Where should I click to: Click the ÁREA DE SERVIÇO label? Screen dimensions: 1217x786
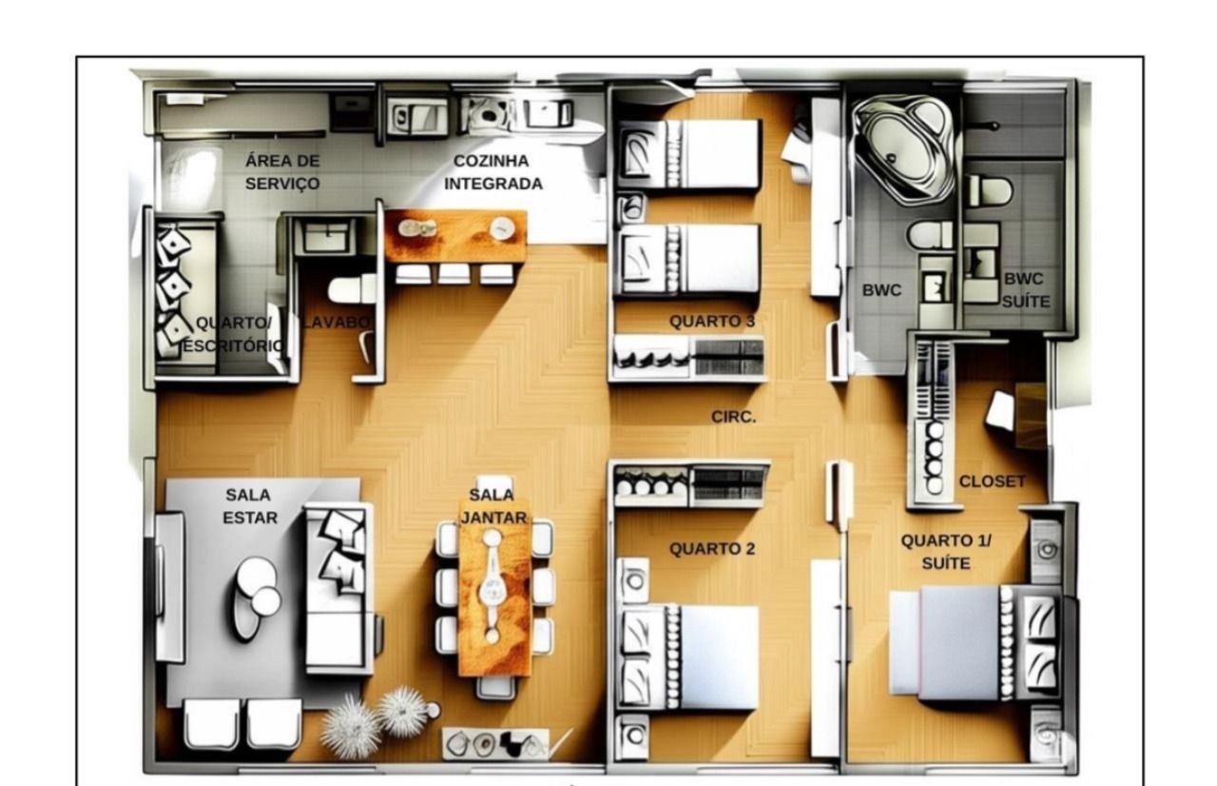[x=282, y=172]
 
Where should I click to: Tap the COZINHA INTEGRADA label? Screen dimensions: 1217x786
[x=493, y=172]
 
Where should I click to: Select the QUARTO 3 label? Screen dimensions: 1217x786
[x=712, y=322]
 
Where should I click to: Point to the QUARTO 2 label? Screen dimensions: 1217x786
[x=712, y=549]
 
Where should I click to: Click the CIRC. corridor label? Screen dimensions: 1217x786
[x=733, y=417]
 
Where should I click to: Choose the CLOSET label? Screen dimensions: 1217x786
[x=992, y=481]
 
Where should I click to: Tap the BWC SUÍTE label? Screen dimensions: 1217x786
[x=1025, y=290]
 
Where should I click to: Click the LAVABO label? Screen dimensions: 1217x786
[x=337, y=323]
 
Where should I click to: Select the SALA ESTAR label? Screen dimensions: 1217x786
[x=250, y=506]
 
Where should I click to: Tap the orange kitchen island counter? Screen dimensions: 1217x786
[x=455, y=236]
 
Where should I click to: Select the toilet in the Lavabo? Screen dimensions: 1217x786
[x=352, y=288]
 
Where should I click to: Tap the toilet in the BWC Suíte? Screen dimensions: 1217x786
[x=990, y=191]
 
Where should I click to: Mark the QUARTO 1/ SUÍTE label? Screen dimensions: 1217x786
[x=946, y=552]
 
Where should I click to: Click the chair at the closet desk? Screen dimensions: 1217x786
[x=999, y=411]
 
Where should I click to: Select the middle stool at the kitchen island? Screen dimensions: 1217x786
[x=454, y=274]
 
